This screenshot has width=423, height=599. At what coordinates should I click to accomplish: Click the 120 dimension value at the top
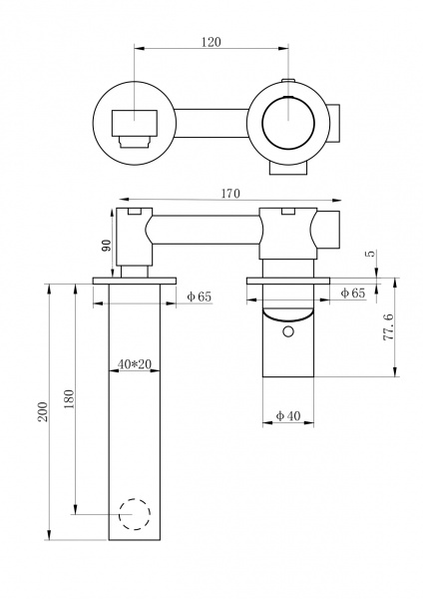point(211,42)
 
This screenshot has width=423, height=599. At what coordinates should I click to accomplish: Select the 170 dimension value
point(230,194)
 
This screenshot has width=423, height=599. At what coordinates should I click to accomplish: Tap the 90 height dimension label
point(108,245)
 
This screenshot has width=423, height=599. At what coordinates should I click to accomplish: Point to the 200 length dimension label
point(43,411)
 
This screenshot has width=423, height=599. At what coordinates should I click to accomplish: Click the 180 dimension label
point(69,398)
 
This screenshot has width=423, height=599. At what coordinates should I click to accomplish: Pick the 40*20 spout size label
point(135,364)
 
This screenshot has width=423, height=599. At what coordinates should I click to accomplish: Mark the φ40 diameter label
point(288,415)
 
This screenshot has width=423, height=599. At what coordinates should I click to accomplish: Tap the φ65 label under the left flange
point(199,297)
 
